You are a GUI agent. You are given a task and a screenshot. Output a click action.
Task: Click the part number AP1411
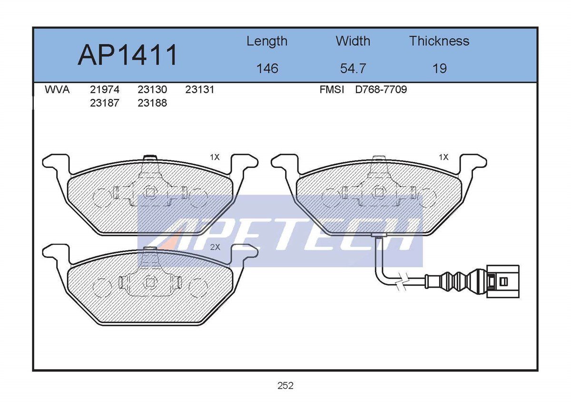127,55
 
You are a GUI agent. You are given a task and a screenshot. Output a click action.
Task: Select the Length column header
267,41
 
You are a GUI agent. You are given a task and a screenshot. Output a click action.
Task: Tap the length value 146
267,69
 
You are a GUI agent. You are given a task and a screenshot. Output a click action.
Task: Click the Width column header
353,41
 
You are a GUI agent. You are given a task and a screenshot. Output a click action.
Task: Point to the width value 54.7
353,69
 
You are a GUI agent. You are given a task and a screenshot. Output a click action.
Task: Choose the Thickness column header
439,41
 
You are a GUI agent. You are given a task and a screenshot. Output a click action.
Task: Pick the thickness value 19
440,69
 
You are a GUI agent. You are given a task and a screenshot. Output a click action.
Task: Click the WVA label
57,90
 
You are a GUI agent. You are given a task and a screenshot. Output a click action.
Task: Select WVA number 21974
105,90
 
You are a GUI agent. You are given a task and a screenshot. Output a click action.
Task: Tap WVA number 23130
152,90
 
